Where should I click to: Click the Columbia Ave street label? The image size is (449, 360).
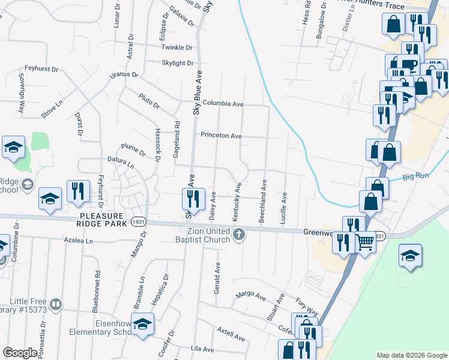pyautogui.click(x=223, y=104)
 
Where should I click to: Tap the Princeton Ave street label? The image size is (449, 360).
pyautogui.click(x=221, y=136)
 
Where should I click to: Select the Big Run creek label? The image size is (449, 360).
pyautogui.click(x=417, y=177)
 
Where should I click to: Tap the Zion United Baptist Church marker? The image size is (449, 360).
pyautogui.click(x=239, y=234)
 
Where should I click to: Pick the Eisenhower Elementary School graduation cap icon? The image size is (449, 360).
pyautogui.click(x=142, y=325)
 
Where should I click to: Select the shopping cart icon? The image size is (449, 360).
pyautogui.click(x=366, y=242)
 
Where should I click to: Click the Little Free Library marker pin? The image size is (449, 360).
pyautogui.click(x=56, y=305)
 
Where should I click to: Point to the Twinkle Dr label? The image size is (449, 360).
pyautogui.click(x=176, y=47)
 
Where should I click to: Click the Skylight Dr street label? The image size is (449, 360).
pyautogui.click(x=178, y=63)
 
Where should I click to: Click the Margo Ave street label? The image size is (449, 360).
pyautogui.click(x=251, y=295)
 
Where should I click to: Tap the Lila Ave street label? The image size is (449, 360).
pyautogui.click(x=202, y=349)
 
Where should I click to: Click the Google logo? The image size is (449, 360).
pyautogui.click(x=20, y=353)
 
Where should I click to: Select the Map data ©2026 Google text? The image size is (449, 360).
pyautogui.click(x=412, y=355)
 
